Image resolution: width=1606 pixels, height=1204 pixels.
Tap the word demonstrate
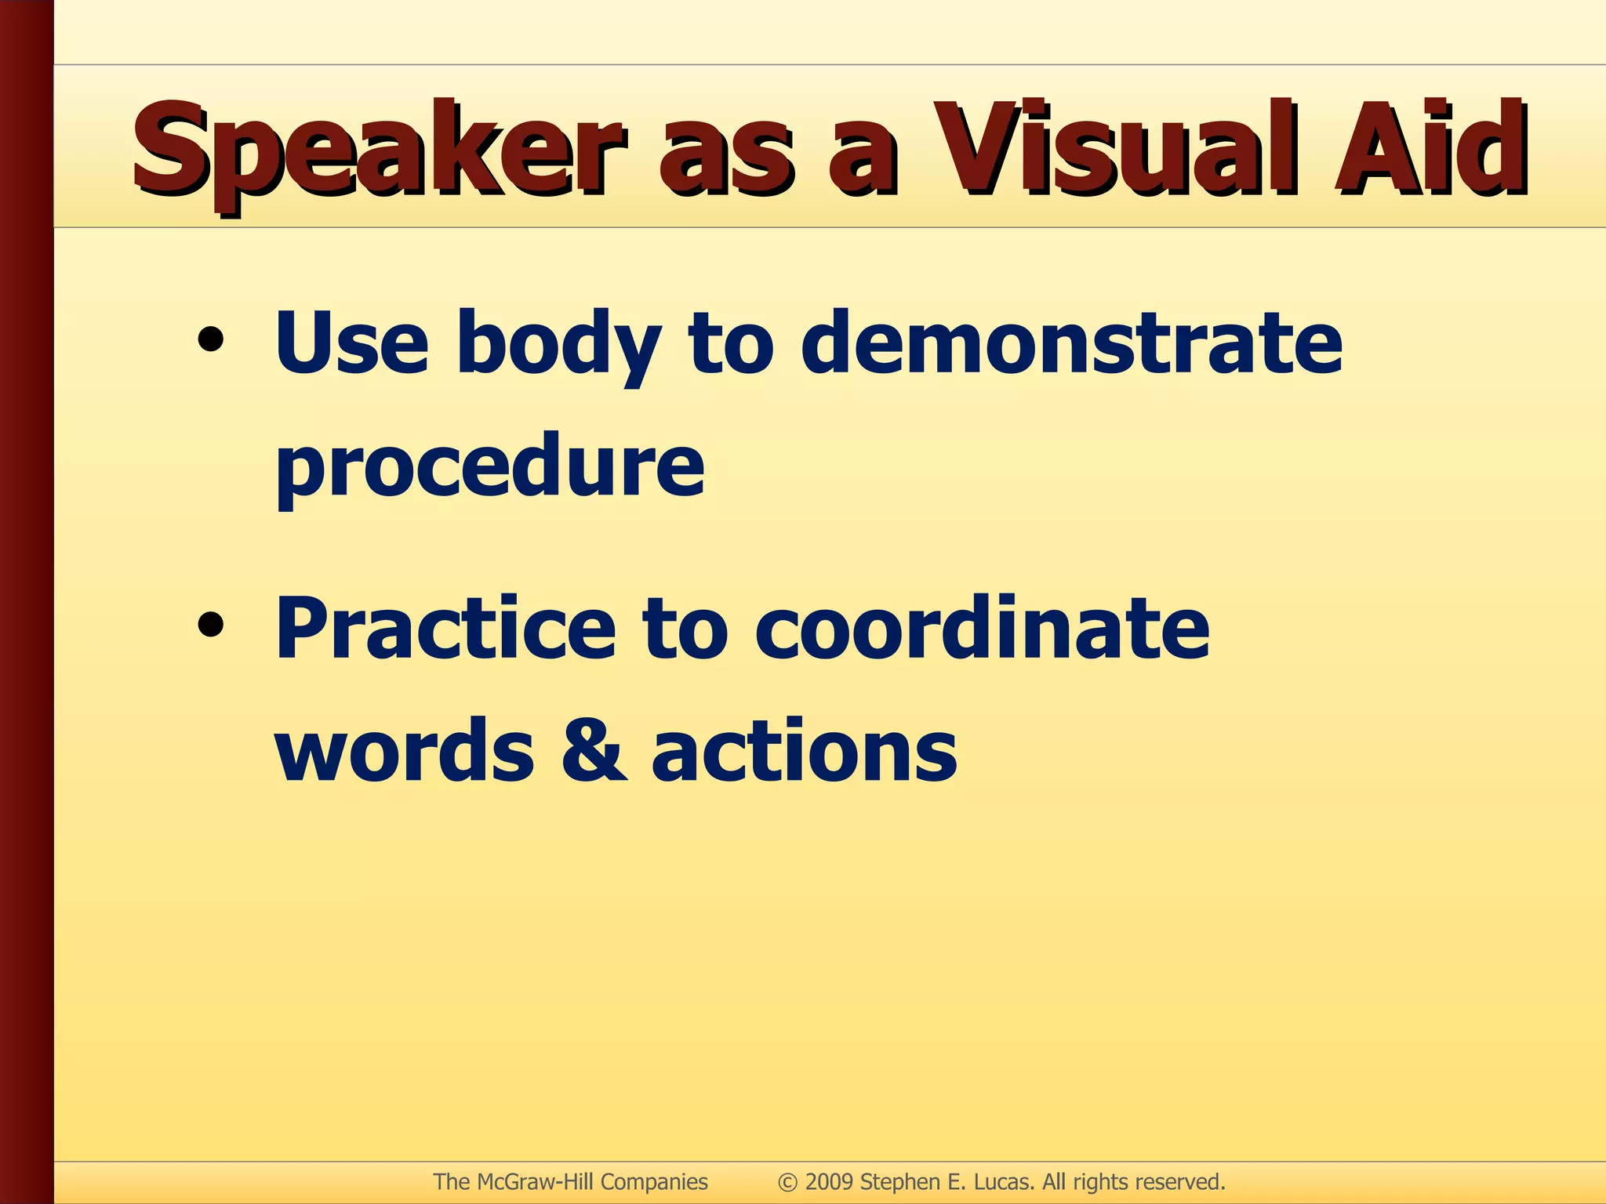click(x=1071, y=343)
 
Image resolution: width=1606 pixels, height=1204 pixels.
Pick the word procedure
click(x=490, y=467)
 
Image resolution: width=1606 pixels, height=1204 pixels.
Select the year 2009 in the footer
click(x=830, y=1182)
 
